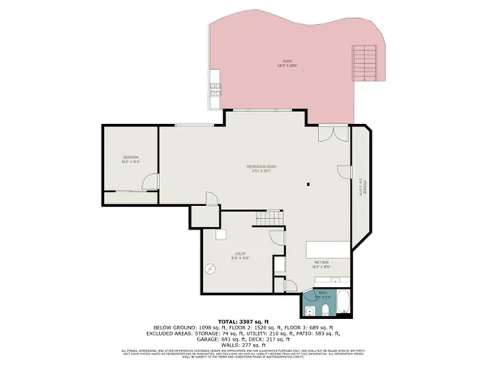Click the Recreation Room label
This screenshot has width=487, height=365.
(263, 169)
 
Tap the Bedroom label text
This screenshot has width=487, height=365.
(131, 159)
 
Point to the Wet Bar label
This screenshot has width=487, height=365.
(321, 264)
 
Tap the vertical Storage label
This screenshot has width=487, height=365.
(363, 187)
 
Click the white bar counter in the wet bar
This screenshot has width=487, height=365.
(329, 249)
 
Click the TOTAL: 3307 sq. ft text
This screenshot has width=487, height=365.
(243, 324)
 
